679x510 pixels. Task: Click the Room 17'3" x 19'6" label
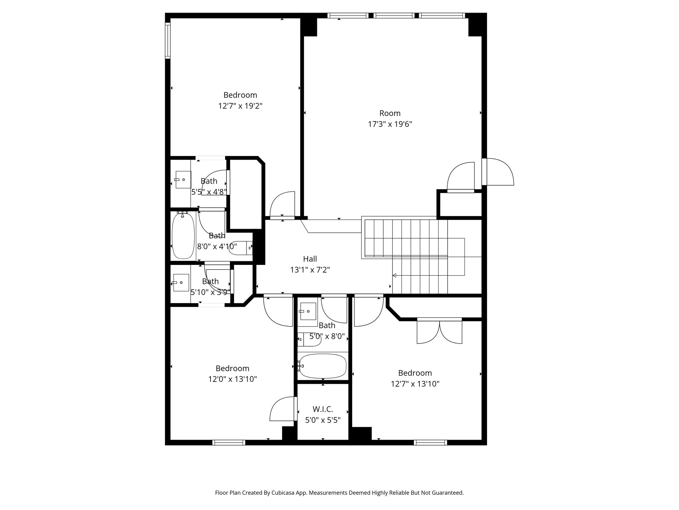pos(390,119)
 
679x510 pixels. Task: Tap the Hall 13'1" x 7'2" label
pos(310,264)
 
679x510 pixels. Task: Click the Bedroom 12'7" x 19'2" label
pos(240,100)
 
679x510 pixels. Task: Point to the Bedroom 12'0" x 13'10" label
pos(232,374)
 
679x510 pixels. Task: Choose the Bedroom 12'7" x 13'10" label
pos(415,378)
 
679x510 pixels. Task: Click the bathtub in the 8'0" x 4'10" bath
pos(183,236)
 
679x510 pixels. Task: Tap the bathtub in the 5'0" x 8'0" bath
pos(322,366)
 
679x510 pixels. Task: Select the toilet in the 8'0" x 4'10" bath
pos(241,248)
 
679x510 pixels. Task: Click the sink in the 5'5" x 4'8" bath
pos(183,180)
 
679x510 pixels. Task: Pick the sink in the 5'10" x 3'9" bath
pos(181,283)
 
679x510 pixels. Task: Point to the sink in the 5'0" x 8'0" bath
pos(308,311)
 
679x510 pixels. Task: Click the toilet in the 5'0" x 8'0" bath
pos(309,339)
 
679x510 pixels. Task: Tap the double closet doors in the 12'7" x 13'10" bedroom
pos(439,331)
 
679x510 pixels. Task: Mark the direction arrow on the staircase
pos(395,275)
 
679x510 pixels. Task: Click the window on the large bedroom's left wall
pos(168,40)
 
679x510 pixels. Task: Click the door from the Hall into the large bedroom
pos(282,205)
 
